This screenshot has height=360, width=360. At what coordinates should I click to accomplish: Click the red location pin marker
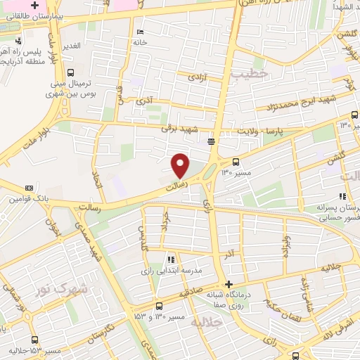tap(181, 165)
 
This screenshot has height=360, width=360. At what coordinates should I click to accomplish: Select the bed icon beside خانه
tap(141, 32)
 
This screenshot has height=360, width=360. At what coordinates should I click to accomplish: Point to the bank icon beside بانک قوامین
tap(29, 188)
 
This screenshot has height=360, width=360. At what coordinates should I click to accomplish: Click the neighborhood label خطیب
tap(254, 72)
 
